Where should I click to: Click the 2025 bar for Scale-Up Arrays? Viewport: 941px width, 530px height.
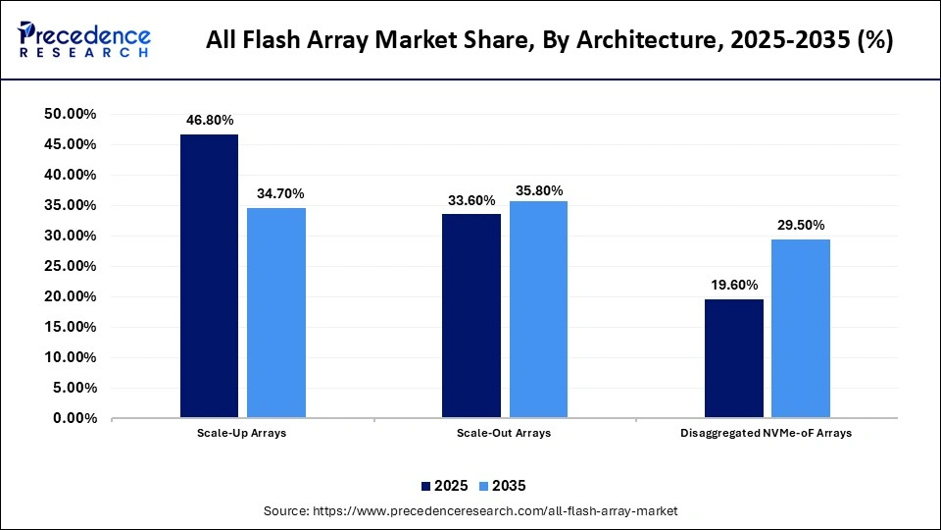[209, 276]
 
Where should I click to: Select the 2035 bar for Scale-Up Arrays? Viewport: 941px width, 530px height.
[275, 312]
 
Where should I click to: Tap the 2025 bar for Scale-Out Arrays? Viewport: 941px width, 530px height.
[471, 316]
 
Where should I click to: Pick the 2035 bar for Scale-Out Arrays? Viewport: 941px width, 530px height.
[538, 309]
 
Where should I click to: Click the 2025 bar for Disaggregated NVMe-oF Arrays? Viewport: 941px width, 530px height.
[734, 358]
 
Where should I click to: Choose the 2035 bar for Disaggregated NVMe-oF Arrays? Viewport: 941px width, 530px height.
[801, 329]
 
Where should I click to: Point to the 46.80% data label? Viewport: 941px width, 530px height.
[210, 120]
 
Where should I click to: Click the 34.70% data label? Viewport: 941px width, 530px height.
[276, 193]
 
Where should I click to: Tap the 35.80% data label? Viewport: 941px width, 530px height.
[538, 190]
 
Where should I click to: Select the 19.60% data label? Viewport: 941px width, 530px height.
[734, 286]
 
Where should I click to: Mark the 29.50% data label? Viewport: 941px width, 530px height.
[801, 225]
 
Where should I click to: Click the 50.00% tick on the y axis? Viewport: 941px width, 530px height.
[70, 115]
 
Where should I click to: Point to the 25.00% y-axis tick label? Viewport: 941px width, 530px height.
[70, 266]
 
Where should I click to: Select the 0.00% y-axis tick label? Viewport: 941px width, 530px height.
[74, 418]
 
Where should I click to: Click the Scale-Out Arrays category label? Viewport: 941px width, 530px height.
[504, 433]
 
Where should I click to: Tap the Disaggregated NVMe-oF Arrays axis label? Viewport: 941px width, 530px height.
[768, 433]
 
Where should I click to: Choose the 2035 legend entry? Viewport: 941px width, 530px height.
[501, 486]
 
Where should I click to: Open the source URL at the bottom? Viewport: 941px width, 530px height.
[470, 511]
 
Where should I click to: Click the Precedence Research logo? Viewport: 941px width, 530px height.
[83, 40]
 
